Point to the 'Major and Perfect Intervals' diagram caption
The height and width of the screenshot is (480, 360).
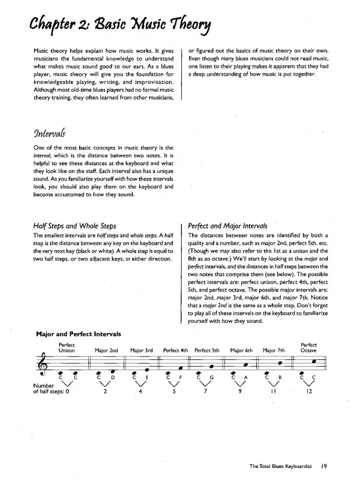[79, 333]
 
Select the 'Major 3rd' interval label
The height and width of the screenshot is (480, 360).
[142, 350]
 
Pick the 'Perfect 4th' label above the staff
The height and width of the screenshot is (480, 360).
[176, 350]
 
